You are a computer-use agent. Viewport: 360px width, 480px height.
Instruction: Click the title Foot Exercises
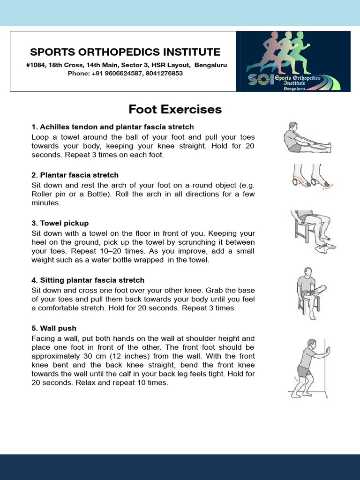click(175, 110)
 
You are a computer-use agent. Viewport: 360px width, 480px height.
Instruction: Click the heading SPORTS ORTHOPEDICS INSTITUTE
click(125, 52)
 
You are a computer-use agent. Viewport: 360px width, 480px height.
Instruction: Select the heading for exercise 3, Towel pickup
click(60, 223)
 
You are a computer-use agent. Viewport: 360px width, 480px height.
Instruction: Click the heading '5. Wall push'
click(54, 328)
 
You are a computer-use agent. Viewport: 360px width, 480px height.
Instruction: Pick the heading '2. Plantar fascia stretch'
click(75, 175)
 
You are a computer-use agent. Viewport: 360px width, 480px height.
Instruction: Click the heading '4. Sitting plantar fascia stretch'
click(88, 280)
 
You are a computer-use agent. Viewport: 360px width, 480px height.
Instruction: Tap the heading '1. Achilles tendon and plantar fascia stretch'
click(112, 127)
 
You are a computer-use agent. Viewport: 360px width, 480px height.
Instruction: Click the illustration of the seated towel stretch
click(307, 137)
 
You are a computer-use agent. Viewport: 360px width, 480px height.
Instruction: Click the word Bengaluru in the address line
click(210, 65)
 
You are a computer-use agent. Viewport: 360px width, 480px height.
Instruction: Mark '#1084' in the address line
click(36, 65)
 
